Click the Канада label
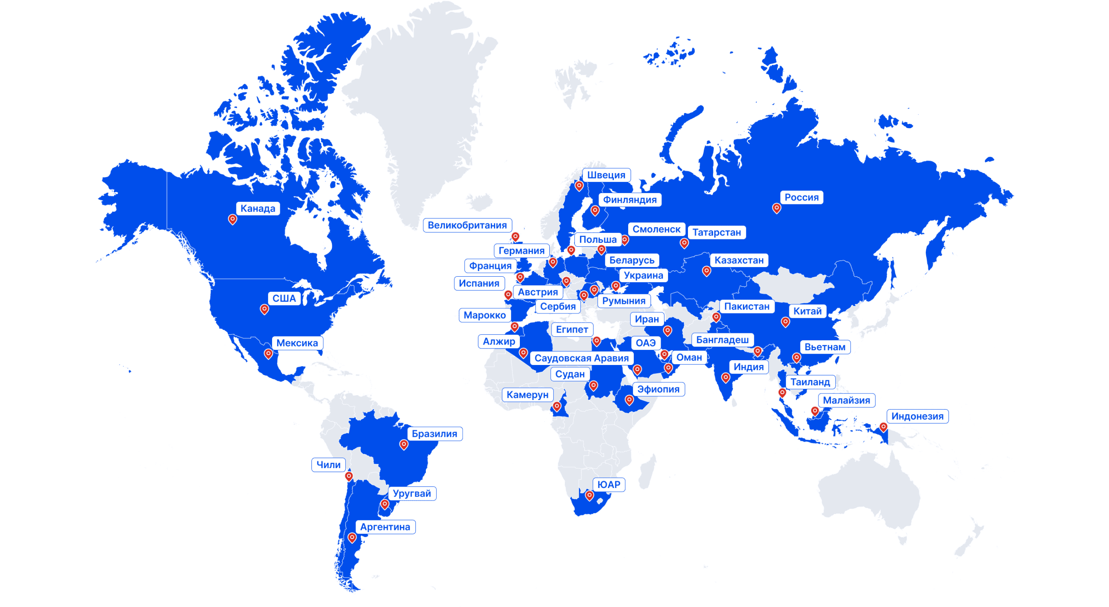pyautogui.click(x=258, y=209)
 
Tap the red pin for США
pyautogui.click(x=264, y=309)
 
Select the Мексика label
pyautogui.click(x=297, y=343)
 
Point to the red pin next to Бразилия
pyautogui.click(x=404, y=444)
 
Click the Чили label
pyautogui.click(x=328, y=465)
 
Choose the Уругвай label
pyautogui.click(x=412, y=494)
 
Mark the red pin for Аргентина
pyautogui.click(x=352, y=538)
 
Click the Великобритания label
pyautogui.click(x=467, y=225)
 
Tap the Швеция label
pyautogui.click(x=606, y=175)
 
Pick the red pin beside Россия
pyautogui.click(x=777, y=208)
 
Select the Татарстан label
pyautogui.click(x=717, y=232)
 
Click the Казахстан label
pyautogui.click(x=739, y=260)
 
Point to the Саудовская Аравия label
pyautogui.click(x=581, y=358)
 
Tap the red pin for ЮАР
pyautogui.click(x=589, y=495)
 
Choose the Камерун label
pyautogui.click(x=527, y=395)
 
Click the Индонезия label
pyautogui.click(x=917, y=417)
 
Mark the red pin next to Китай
pyautogui.click(x=785, y=322)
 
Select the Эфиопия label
pyautogui.click(x=658, y=389)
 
